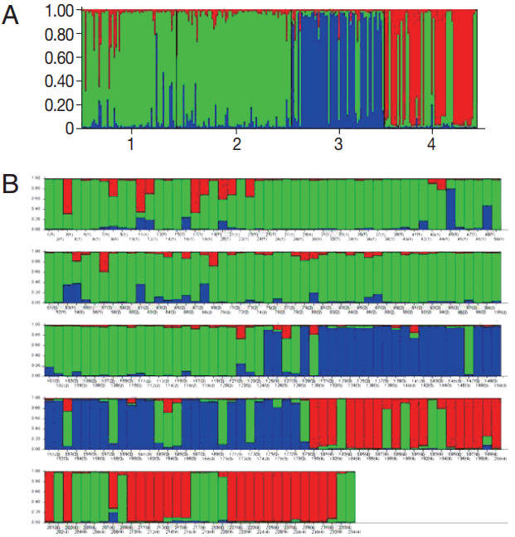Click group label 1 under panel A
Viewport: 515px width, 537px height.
pyautogui.click(x=130, y=145)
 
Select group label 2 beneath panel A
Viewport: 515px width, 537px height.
pyautogui.click(x=237, y=145)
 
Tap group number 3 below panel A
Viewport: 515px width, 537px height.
pyautogui.click(x=338, y=145)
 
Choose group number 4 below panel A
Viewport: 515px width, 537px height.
pyautogui.click(x=430, y=145)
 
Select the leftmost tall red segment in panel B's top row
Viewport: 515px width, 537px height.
pyautogui.click(x=68, y=196)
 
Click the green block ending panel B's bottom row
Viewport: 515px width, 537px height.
pyautogui.click(x=346, y=497)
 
